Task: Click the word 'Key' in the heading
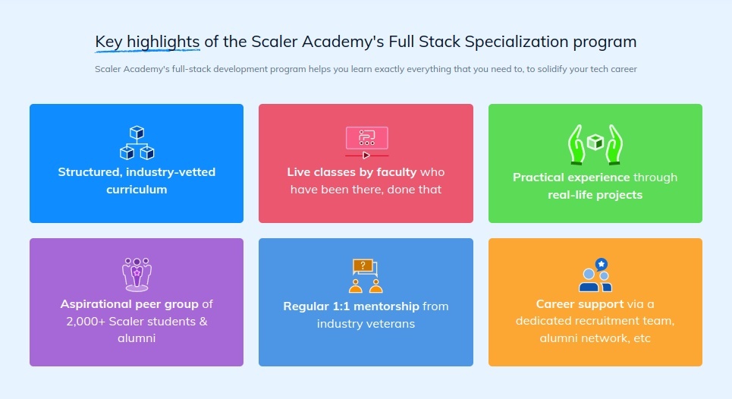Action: [108, 41]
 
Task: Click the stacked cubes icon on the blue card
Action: [137, 143]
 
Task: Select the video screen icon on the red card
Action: [366, 140]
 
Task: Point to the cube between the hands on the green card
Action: [595, 142]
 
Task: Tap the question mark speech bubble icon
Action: [364, 266]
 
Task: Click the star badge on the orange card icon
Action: [602, 264]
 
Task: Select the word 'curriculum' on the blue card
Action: [137, 189]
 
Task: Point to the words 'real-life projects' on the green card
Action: [595, 195]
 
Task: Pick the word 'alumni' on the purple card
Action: [137, 338]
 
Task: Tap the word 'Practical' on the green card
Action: [539, 178]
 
